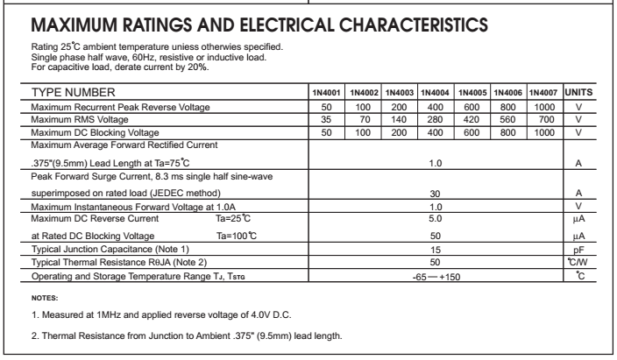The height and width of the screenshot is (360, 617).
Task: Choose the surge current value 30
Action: pos(435,192)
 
